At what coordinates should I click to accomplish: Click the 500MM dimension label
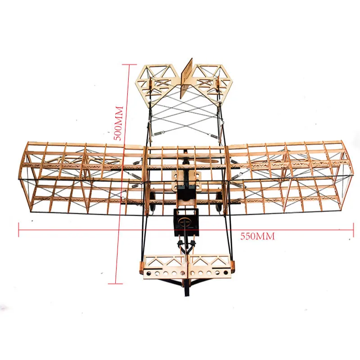click(x=118, y=124)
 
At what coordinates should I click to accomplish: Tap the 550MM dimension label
click(x=257, y=236)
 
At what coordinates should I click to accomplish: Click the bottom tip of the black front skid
click(x=184, y=295)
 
